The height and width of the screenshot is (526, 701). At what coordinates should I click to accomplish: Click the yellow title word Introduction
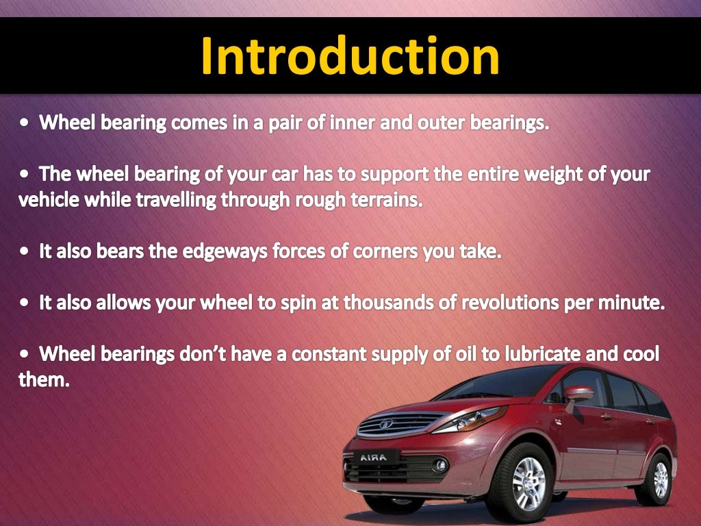pos(350,56)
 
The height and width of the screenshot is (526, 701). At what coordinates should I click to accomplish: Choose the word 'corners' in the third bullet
pos(385,252)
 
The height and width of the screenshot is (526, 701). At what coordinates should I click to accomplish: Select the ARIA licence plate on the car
pos(374,457)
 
